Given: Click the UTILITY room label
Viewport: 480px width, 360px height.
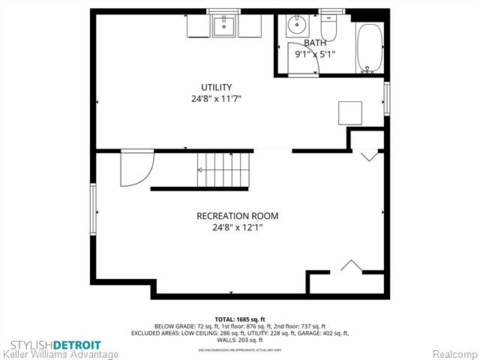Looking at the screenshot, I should [216, 87].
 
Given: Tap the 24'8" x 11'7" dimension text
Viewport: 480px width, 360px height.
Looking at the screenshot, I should [216, 99].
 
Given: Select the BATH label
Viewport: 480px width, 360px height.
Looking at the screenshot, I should [315, 43].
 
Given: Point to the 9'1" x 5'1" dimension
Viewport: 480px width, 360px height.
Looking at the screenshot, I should [315, 54].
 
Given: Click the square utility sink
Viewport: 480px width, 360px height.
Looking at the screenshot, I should [223, 26].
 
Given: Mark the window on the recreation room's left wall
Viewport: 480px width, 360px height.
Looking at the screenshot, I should [93, 211].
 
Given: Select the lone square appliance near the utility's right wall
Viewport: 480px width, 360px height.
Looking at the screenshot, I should [350, 113].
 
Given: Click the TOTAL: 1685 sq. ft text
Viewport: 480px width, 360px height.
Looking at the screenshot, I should [240, 319].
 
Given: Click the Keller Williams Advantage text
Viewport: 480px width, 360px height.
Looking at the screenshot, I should [60, 354].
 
